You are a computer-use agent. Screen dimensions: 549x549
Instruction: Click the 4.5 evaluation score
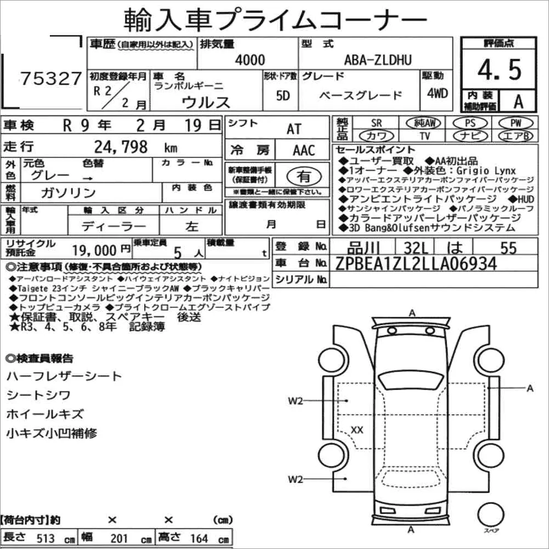499,70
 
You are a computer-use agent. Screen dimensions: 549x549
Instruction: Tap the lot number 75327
51,78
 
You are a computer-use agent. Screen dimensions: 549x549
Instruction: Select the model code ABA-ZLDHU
378,60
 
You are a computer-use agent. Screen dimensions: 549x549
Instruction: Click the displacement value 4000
250,60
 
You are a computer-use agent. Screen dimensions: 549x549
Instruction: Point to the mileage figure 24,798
121,147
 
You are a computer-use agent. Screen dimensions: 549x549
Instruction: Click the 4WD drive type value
437,93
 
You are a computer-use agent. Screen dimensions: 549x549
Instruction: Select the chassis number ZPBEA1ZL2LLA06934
416,264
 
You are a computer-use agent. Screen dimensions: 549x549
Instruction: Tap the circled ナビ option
470,136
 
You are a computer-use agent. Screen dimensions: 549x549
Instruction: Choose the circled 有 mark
304,176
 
